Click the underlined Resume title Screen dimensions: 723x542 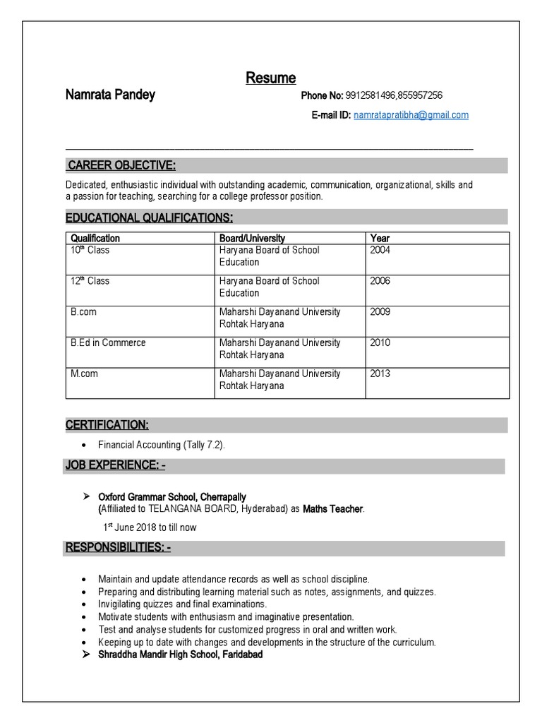(270, 78)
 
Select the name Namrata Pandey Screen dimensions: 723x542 (110, 95)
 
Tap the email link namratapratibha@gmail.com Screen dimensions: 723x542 (411, 114)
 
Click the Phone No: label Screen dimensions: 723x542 (322, 96)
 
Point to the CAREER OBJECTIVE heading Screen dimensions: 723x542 (121, 166)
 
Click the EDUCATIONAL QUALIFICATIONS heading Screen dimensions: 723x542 (149, 217)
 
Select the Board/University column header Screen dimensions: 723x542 (252, 238)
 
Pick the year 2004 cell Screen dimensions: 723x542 (380, 250)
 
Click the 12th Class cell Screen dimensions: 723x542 (90, 281)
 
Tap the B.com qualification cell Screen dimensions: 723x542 (84, 312)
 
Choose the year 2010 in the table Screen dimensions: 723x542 (380, 342)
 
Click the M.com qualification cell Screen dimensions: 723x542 (84, 374)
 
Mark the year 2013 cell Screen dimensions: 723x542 (380, 374)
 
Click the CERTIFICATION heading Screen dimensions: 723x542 (107, 425)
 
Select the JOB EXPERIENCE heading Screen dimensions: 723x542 (116, 466)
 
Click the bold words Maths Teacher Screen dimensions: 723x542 (333, 508)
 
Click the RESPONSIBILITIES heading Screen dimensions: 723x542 (118, 548)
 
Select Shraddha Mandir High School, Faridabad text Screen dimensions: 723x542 (180, 655)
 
